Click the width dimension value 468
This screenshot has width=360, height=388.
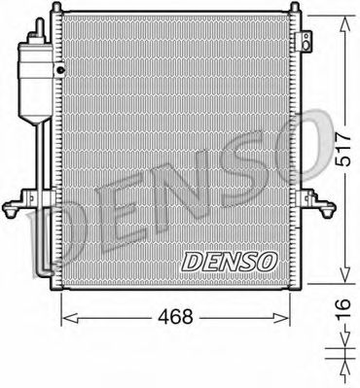click(176, 315)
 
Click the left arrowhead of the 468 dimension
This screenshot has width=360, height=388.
click(66, 317)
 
